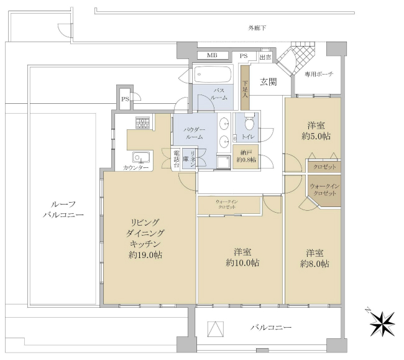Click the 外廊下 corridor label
point(257,28)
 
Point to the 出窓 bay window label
point(265,57)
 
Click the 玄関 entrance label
point(268,81)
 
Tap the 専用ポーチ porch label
point(319,74)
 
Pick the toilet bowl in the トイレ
point(249,119)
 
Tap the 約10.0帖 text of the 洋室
point(242,263)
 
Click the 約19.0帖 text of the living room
point(145,255)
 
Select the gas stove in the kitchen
point(143,124)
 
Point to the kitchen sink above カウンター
point(139,157)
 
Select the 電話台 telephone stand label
point(177,159)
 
